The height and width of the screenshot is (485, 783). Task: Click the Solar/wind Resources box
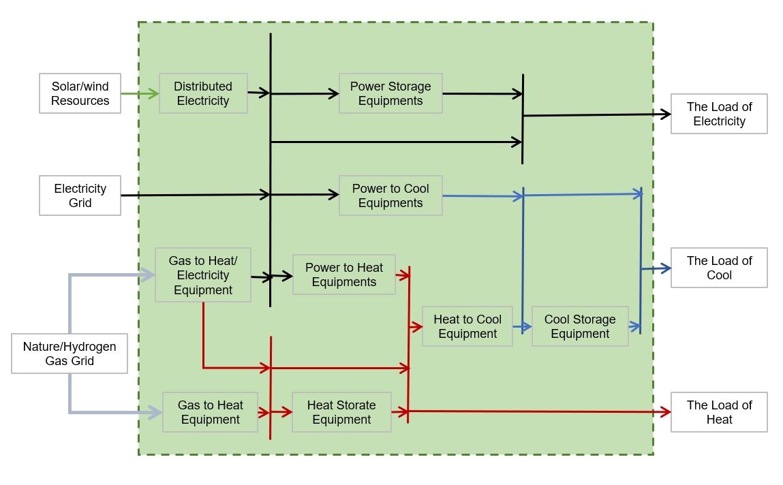(x=80, y=93)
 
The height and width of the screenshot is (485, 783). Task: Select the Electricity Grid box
(x=80, y=195)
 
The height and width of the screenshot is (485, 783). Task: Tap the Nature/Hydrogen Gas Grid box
(x=70, y=354)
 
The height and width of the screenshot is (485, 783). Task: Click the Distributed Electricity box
(x=203, y=93)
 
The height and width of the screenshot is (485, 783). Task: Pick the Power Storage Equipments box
(x=390, y=93)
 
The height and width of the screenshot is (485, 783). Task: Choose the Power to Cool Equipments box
(x=390, y=195)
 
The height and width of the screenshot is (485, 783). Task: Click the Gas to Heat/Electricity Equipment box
(x=203, y=275)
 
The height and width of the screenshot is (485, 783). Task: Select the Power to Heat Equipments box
(x=344, y=275)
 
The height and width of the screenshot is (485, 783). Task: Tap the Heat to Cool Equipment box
(x=467, y=326)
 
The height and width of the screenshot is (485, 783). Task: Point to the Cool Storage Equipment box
(x=580, y=326)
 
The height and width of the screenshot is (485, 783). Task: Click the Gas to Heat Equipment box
(x=210, y=412)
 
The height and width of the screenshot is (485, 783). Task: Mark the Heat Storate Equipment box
(x=341, y=412)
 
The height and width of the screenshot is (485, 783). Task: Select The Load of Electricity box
(x=719, y=114)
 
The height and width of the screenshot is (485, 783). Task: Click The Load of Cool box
(x=719, y=268)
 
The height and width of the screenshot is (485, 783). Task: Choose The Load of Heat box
(x=719, y=412)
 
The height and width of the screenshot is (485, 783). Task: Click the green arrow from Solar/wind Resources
(x=140, y=93)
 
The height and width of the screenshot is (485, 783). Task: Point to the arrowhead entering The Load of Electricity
(x=666, y=114)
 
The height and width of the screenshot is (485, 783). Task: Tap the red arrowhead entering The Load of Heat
(x=666, y=412)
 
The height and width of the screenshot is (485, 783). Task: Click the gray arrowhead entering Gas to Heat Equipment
(x=156, y=412)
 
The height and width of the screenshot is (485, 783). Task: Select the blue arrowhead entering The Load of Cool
(x=666, y=268)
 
